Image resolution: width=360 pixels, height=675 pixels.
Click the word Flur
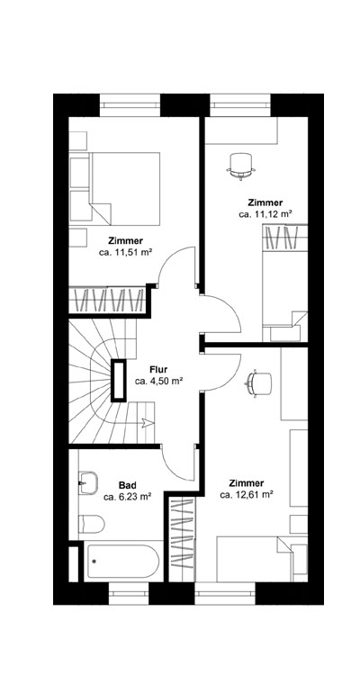point(159,369)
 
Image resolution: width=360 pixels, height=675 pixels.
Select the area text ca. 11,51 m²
point(125,254)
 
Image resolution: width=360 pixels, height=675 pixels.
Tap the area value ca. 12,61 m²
point(247,494)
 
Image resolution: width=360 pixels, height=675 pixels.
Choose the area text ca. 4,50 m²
point(159,381)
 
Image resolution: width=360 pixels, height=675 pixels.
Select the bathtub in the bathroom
point(123,562)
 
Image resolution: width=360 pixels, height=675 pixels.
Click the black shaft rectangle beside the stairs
point(119,380)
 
